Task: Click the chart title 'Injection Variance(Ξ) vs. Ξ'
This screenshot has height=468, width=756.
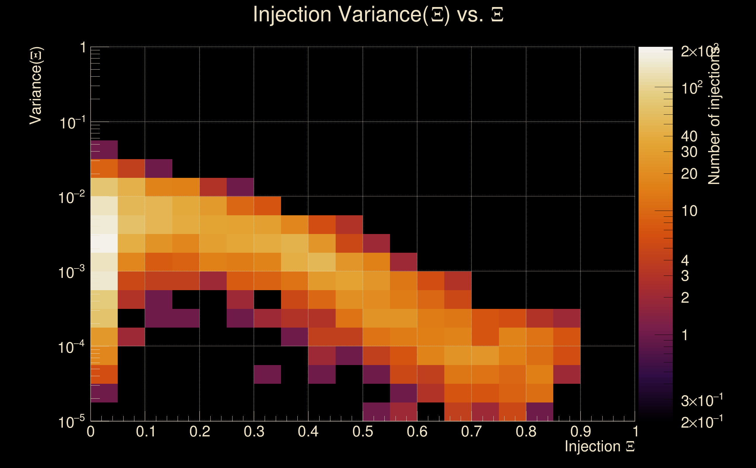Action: pos(378,14)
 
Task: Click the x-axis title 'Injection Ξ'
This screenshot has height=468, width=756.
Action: pos(599,446)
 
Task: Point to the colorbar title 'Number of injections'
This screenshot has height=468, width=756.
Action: pos(714,115)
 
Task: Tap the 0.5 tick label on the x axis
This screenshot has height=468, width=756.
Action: pos(363,431)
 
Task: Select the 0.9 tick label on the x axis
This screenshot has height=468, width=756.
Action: pos(580,431)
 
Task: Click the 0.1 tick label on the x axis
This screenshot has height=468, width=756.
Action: pos(145,431)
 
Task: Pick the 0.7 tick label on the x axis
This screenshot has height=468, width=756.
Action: pos(471,431)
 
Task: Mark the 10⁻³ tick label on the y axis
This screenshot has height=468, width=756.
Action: pos(71,272)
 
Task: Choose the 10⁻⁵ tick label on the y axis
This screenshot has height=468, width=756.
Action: pos(71,422)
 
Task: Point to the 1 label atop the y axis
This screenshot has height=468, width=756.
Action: pos(83,48)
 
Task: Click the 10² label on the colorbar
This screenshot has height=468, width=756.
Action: pos(692,88)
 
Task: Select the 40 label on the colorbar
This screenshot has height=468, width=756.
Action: pos(689,136)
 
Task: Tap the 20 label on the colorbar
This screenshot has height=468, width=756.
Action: pos(689,174)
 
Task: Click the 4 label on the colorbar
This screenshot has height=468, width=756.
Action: pos(685,261)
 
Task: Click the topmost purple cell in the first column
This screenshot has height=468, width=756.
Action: pos(104,150)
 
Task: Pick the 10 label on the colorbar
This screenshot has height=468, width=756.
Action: pos(689,211)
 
